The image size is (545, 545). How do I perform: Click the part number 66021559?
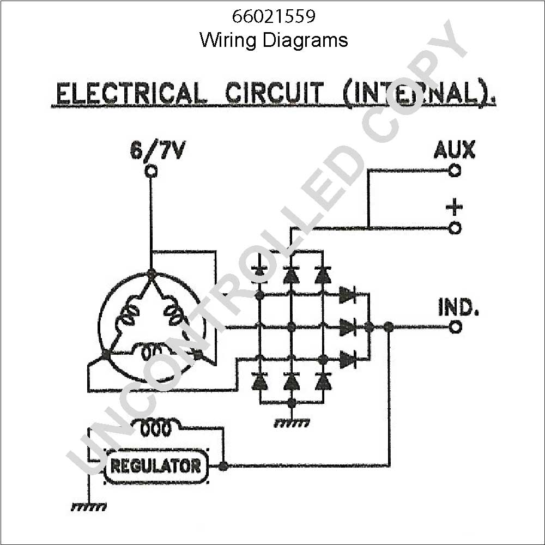coord(274,16)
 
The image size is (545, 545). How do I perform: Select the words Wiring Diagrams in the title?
coord(274,40)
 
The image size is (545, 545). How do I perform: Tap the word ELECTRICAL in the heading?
coord(129,94)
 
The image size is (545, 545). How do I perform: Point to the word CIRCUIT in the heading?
coord(275,94)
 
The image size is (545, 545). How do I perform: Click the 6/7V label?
coord(157,150)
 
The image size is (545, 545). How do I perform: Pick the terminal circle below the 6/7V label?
coord(151,171)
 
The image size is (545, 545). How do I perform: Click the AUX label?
coord(455,149)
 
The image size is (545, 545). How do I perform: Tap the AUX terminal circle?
coord(455,171)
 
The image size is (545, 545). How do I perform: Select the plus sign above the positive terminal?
coord(455,207)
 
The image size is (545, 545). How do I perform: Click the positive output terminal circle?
coord(455,228)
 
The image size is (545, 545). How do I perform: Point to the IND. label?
coord(458,307)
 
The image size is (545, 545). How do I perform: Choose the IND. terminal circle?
coord(455,327)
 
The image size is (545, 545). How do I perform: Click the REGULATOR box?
coord(156,466)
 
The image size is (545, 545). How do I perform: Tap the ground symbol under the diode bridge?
coord(292,423)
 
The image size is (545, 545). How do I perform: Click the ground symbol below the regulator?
coord(89,507)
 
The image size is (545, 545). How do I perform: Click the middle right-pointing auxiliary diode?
coord(347,327)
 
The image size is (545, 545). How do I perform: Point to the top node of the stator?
coord(151,273)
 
